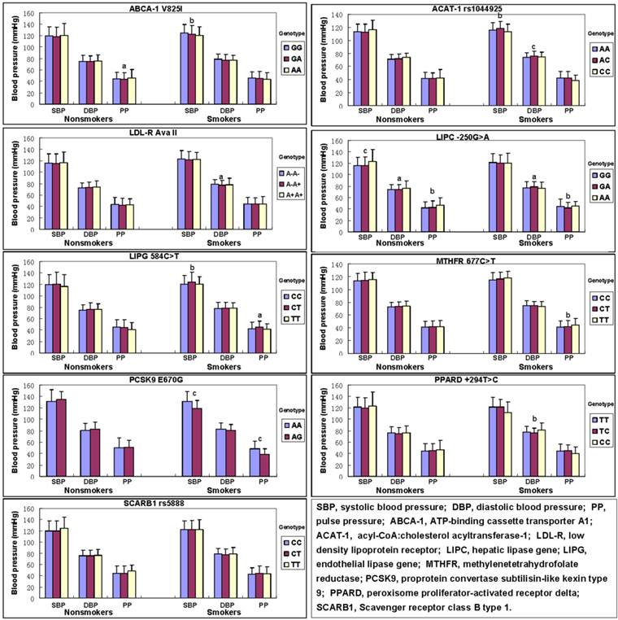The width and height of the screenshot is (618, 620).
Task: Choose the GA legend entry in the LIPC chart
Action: coord(593,186)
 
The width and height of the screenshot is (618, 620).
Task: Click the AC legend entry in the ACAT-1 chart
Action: coord(593,60)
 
